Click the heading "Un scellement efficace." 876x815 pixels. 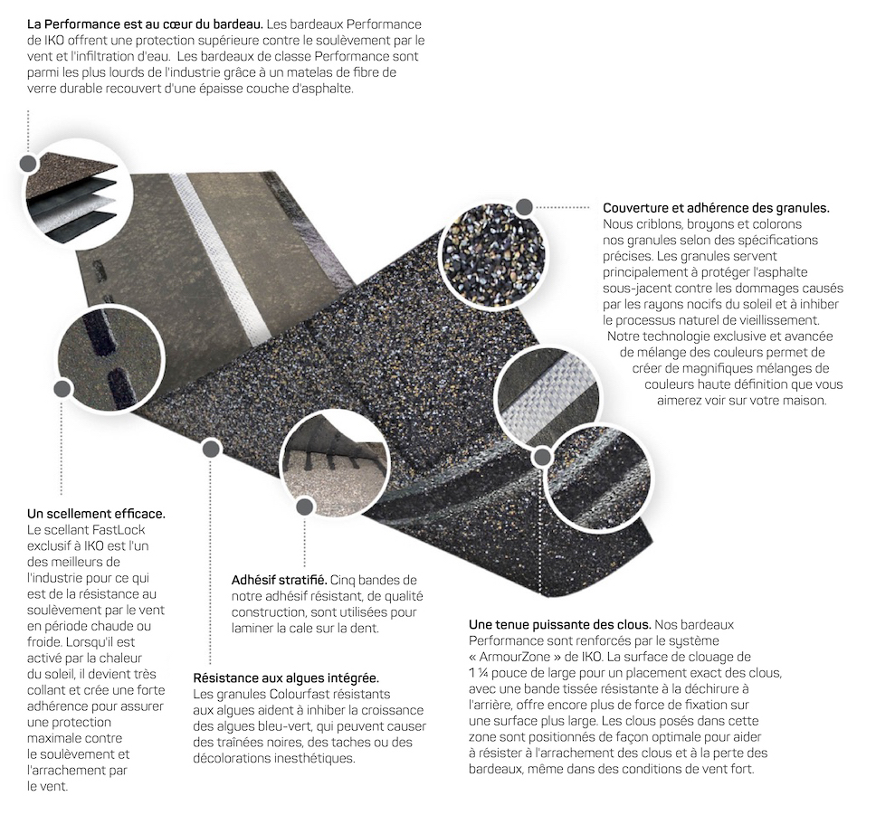(96, 514)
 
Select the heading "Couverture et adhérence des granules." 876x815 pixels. (716, 208)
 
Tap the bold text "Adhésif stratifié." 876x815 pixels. (279, 578)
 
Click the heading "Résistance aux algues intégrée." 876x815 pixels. (286, 678)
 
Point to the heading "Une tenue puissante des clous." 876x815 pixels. (559, 625)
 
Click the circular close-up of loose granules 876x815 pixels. (491, 250)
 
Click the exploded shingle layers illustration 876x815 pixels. (71, 201)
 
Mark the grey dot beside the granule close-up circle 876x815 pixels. (524, 206)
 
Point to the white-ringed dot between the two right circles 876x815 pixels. (541, 456)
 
